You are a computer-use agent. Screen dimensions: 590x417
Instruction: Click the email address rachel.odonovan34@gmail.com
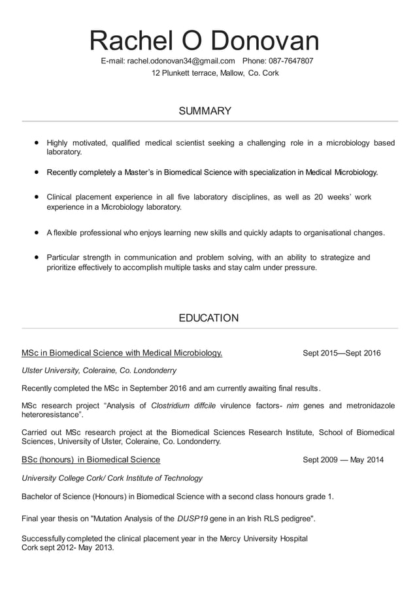pyautogui.click(x=181, y=61)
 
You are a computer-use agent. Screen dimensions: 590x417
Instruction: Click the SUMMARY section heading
pyautogui.click(x=205, y=111)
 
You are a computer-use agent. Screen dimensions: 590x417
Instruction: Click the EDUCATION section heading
pyautogui.click(x=208, y=318)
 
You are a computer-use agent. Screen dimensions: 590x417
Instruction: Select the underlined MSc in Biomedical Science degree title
pyautogui.click(x=122, y=353)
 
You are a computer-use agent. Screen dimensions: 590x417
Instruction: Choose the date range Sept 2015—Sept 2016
pyautogui.click(x=341, y=353)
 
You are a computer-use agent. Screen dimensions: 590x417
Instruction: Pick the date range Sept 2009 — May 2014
pyautogui.click(x=343, y=460)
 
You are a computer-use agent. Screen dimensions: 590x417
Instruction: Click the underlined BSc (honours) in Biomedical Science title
pyautogui.click(x=91, y=460)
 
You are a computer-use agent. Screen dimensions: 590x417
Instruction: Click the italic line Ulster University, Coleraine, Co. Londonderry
pyautogui.click(x=99, y=370)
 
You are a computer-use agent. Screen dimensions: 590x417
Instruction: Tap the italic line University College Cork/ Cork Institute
pyautogui.click(x=112, y=478)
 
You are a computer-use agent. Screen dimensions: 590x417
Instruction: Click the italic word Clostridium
pyautogui.click(x=172, y=406)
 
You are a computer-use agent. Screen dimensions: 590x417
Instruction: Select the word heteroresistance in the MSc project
pyautogui.click(x=51, y=415)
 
